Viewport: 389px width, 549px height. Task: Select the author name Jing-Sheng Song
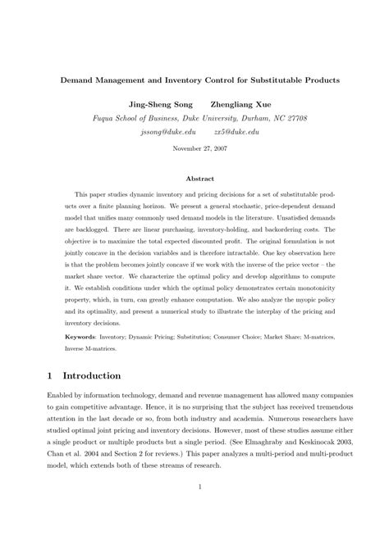coord(153,105)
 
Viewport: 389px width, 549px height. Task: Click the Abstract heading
coord(194,178)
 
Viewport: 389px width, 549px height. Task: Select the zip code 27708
coord(295,118)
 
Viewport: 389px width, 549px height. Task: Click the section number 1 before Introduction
coord(51,375)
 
